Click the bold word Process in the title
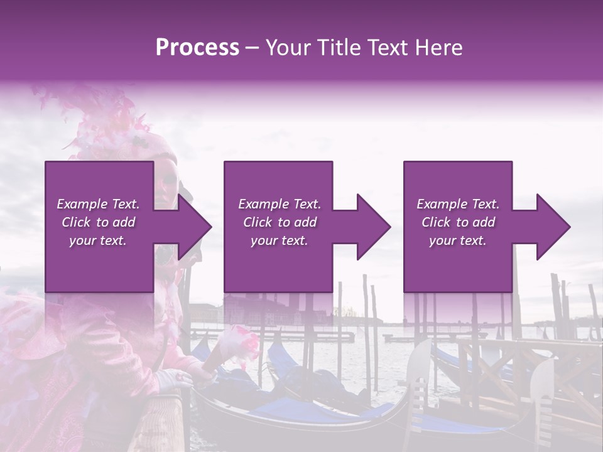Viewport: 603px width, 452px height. click(197, 47)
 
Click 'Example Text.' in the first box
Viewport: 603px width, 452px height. click(98, 204)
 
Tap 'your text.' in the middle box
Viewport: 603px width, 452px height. click(279, 240)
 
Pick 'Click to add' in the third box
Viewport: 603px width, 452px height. click(458, 222)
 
